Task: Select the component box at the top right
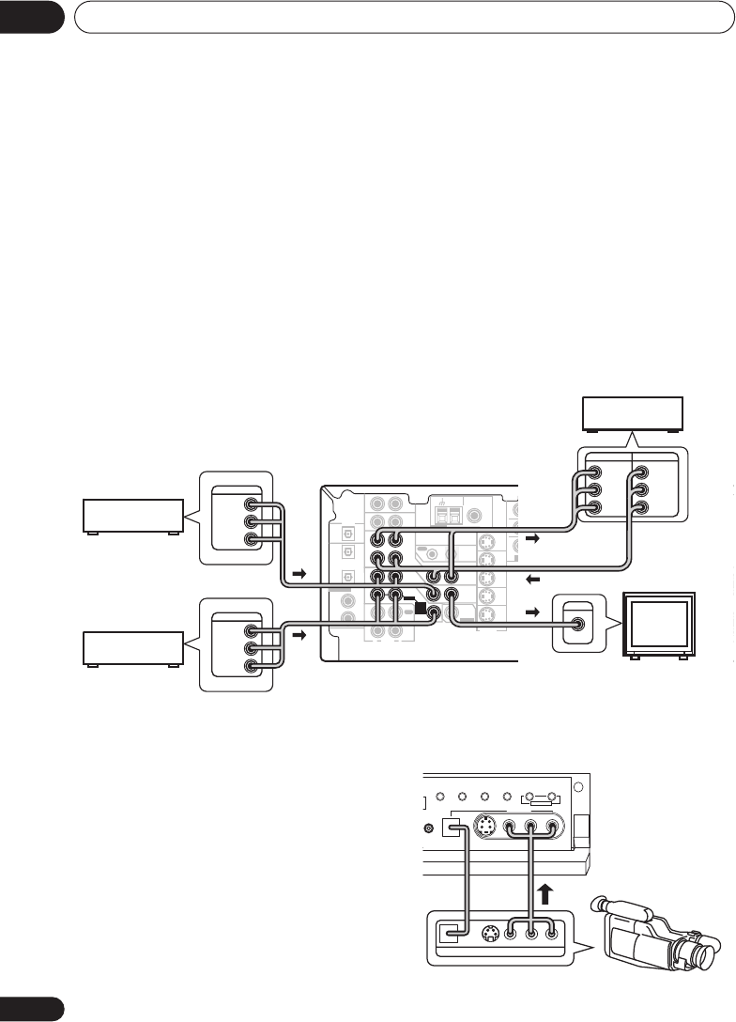pos(634,414)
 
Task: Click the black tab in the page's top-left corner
pos(31,16)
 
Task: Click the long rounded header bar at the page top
pos(404,17)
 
